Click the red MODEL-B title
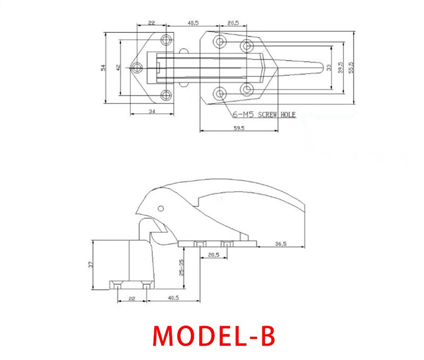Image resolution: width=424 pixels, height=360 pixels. tap(214, 335)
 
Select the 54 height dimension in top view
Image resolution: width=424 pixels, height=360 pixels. tap(104, 67)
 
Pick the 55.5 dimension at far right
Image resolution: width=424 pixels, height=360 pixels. tap(351, 67)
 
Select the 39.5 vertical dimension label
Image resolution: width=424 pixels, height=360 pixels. tap(341, 67)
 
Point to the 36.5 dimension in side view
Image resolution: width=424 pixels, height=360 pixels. tap(281, 244)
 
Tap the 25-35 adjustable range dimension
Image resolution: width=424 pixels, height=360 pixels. tap(181, 268)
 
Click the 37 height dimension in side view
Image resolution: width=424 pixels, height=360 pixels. tap(91, 264)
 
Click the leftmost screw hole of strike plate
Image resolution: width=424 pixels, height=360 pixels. tap(137, 67)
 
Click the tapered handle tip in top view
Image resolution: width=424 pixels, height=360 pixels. tap(319, 68)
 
